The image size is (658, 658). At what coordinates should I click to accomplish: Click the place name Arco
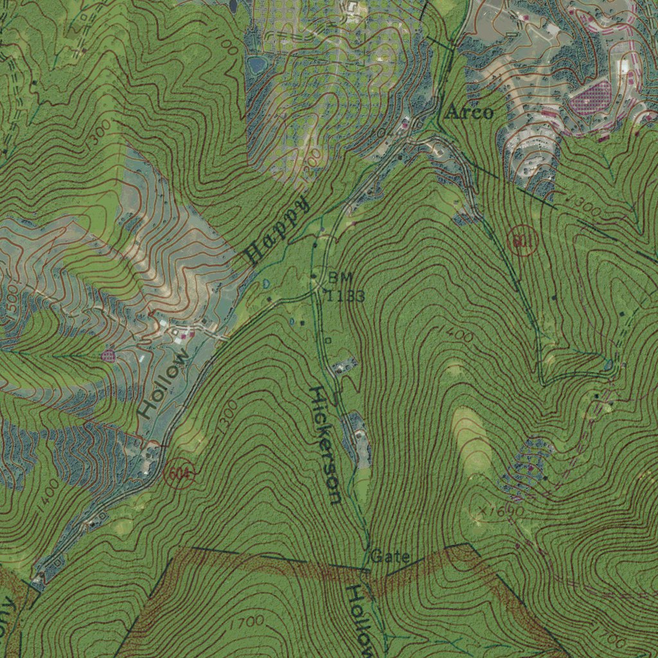470,113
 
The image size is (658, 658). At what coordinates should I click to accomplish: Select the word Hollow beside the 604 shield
163,384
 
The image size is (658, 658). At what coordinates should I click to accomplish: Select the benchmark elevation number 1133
346,296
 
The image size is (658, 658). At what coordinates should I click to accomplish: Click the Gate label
389,556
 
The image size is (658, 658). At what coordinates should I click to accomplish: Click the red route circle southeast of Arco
521,242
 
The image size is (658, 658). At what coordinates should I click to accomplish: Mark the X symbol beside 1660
483,510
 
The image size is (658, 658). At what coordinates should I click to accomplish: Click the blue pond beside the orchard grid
257,64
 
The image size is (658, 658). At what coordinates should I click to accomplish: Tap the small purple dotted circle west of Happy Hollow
108,355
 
